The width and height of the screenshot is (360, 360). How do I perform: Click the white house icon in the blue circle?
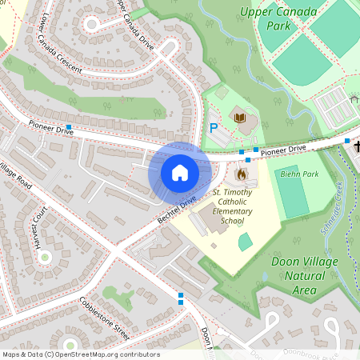pyautogui.click(x=180, y=172)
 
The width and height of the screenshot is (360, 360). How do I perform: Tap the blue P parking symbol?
pyautogui.click(x=214, y=127)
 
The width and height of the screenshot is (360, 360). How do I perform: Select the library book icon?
pyautogui.click(x=239, y=118)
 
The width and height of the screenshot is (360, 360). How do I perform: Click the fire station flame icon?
pyautogui.click(x=242, y=172)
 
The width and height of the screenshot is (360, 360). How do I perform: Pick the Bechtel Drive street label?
pyautogui.click(x=176, y=210)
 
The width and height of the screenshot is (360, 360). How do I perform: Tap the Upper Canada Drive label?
pyautogui.click(x=134, y=24)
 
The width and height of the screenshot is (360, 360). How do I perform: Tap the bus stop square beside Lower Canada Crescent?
pyautogui.click(x=70, y=127)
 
